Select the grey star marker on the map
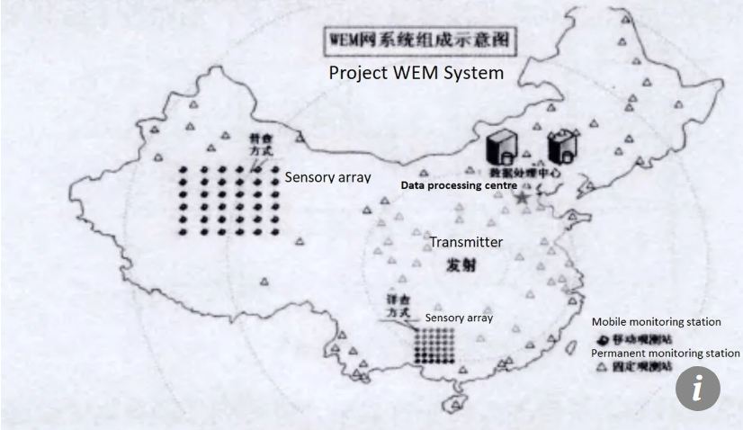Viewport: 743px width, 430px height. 522,196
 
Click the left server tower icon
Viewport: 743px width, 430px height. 500,146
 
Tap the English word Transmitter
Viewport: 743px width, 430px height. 465,242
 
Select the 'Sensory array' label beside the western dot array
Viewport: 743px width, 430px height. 327,177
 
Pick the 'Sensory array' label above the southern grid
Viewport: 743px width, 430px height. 459,318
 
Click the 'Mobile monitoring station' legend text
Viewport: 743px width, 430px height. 667,322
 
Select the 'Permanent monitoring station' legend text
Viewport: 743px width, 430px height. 666,354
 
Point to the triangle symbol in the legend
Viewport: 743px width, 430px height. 601,368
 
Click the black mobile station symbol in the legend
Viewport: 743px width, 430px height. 601,339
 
